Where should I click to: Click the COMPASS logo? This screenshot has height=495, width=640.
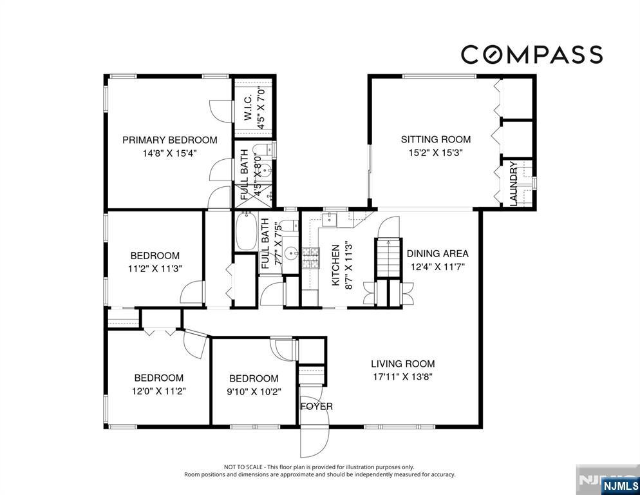tap(532, 55)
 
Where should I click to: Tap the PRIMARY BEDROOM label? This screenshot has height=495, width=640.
tap(170, 141)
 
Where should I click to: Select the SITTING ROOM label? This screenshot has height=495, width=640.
tap(436, 139)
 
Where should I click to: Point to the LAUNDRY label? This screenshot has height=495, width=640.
tap(513, 184)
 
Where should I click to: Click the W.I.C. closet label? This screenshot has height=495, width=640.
tap(248, 108)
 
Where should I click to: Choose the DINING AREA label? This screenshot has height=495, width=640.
tap(438, 253)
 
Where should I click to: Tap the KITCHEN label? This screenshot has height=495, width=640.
tap(335, 265)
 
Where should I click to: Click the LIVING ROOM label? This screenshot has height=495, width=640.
tap(403, 364)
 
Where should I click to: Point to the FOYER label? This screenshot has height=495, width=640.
tap(317, 406)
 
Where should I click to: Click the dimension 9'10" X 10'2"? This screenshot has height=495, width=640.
tap(254, 392)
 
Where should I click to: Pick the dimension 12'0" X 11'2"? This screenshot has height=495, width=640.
tap(159, 391)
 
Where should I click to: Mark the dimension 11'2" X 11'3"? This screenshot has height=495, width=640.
tap(155, 269)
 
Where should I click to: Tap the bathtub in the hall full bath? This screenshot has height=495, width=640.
tap(246, 231)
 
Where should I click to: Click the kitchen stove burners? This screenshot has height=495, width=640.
tap(310, 258)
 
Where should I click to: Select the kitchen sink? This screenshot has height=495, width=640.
tap(329, 220)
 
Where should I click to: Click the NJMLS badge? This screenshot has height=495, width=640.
tap(620, 485)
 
